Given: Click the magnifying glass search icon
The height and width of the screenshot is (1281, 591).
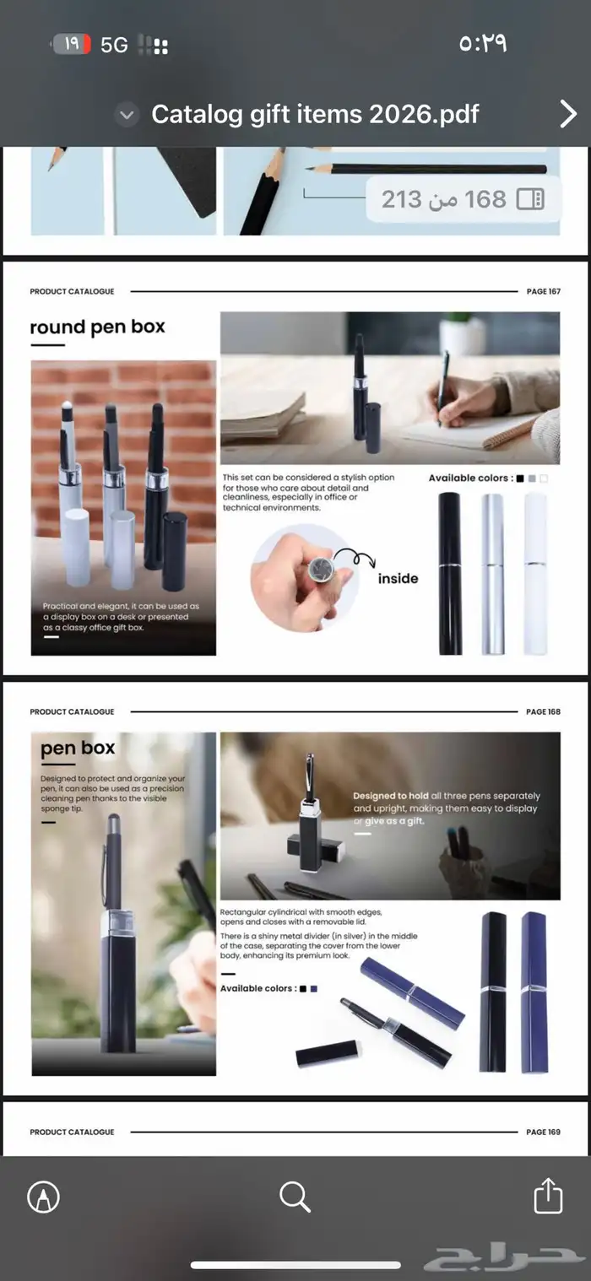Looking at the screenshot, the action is click(x=295, y=1197).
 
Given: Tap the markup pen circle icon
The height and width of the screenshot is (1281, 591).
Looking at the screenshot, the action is click(x=44, y=1197).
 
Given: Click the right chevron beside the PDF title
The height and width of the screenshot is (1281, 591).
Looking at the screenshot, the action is click(x=568, y=114).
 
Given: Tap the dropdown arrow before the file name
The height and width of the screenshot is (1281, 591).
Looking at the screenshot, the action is click(x=127, y=115).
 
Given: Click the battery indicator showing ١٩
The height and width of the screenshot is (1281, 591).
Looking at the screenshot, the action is click(x=72, y=44).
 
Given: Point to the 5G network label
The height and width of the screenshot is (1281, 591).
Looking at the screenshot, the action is click(x=114, y=45).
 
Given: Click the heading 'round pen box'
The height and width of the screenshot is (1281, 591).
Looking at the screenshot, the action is click(x=97, y=327).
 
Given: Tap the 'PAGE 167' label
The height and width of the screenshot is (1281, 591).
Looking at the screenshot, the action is click(x=544, y=291).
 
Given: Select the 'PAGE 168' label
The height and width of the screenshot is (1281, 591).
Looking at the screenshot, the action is click(x=544, y=711).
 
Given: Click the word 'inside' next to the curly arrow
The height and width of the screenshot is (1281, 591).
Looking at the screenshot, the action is click(x=398, y=578).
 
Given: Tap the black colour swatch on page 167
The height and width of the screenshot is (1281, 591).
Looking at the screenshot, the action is click(x=520, y=478).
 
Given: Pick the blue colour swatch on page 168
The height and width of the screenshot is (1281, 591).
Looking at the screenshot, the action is click(x=313, y=988).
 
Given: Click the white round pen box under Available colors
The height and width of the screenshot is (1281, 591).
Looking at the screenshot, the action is click(x=535, y=574).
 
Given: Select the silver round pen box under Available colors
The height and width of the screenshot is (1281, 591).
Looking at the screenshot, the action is click(x=492, y=574).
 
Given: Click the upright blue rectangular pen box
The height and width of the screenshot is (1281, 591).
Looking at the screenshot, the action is click(x=534, y=992).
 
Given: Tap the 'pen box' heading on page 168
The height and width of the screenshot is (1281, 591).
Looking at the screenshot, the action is click(x=78, y=748).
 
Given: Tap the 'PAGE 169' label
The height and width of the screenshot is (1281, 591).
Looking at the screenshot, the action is click(x=544, y=1132).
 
